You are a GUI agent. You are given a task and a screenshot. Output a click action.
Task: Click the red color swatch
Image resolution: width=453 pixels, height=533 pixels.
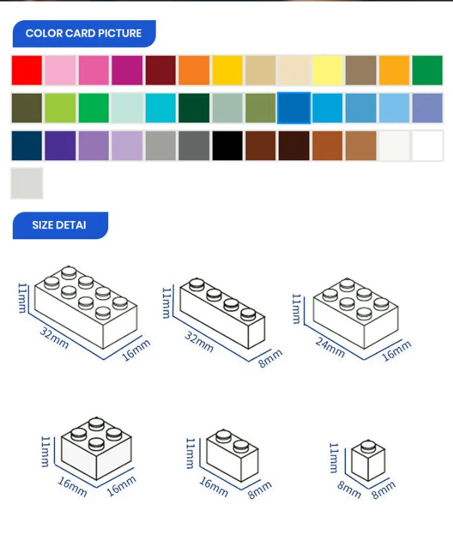coord(27,71)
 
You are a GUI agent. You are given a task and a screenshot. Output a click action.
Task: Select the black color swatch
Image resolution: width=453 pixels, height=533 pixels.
coord(227,145)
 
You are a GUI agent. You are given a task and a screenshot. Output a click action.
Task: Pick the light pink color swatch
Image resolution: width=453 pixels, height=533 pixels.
coord(60,71)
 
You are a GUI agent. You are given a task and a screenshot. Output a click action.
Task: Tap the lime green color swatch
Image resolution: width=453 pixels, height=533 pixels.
coord(60,108)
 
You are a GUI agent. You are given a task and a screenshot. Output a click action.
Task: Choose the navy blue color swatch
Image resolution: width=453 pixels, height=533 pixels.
coord(27,145)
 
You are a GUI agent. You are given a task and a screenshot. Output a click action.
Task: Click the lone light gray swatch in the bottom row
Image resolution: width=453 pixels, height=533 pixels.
coord(27,183)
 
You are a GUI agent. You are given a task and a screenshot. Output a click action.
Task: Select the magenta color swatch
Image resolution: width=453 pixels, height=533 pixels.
coord(127,71)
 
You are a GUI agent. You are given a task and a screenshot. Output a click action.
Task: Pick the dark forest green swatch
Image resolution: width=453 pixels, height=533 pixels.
coord(194,108)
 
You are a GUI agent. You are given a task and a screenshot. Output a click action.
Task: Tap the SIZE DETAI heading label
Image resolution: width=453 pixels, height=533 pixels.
coord(59,225)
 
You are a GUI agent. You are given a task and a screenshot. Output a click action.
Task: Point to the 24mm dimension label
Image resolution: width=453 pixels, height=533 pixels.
coord(329,347)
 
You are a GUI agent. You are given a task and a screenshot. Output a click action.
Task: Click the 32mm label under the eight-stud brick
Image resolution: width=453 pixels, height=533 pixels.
coord(54,337)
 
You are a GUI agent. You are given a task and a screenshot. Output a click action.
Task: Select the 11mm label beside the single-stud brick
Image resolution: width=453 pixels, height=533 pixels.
coord(334,458)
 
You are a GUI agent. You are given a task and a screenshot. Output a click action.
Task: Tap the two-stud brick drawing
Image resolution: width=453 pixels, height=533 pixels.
coord(233,456)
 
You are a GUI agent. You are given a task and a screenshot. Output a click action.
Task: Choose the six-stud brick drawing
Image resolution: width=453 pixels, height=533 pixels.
coord(356,313)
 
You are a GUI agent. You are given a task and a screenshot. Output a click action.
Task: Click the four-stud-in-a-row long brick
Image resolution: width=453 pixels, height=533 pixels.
coord(222,314)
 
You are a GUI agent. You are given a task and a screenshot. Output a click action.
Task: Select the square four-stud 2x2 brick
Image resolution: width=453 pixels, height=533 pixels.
coord(96,448)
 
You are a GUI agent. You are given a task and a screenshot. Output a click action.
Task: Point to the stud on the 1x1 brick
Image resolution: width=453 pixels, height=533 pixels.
coord(368,446)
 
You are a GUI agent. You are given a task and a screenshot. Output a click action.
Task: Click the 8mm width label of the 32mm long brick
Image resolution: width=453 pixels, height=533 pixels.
coord(270,359)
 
